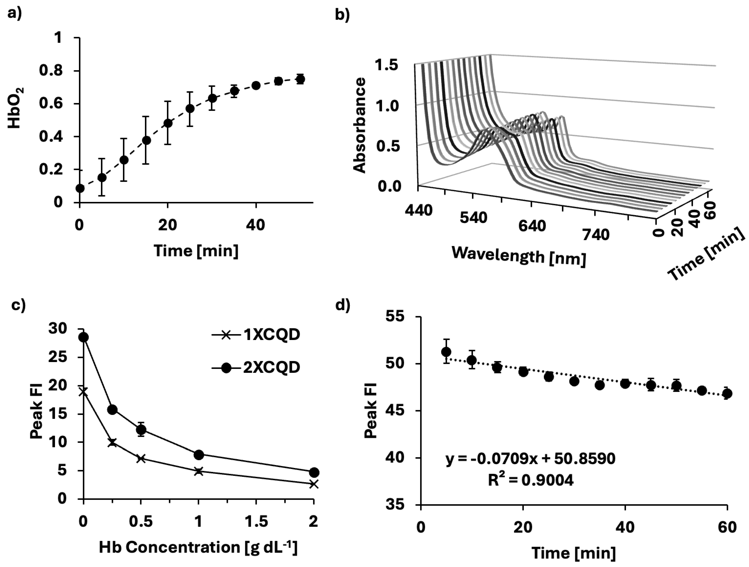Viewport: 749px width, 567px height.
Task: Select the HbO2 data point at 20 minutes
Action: [x=168, y=123]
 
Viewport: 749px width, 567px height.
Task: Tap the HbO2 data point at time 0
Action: [x=80, y=188]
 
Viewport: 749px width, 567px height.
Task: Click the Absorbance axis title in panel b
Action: [x=360, y=125]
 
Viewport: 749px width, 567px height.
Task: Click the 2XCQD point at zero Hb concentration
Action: [x=84, y=337]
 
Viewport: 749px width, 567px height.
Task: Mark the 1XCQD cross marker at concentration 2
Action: [x=314, y=484]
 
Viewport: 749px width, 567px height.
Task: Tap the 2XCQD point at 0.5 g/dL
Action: [x=141, y=430]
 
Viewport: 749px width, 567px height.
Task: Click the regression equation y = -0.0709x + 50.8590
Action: [x=530, y=459]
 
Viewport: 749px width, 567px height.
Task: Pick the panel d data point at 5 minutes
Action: [x=446, y=361]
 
